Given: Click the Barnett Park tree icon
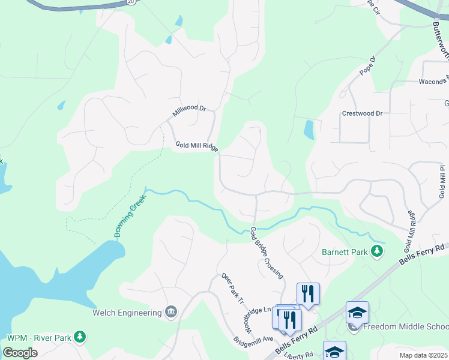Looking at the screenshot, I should click(377, 252).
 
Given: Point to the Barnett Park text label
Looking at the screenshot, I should click(345, 253).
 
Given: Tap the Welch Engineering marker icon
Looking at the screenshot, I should click(171, 312).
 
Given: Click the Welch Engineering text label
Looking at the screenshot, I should click(127, 313).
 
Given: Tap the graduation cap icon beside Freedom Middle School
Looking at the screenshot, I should click(357, 313).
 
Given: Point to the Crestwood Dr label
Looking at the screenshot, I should click(362, 113).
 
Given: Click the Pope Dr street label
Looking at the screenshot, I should click(367, 66).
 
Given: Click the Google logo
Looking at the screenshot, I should click(20, 352).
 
